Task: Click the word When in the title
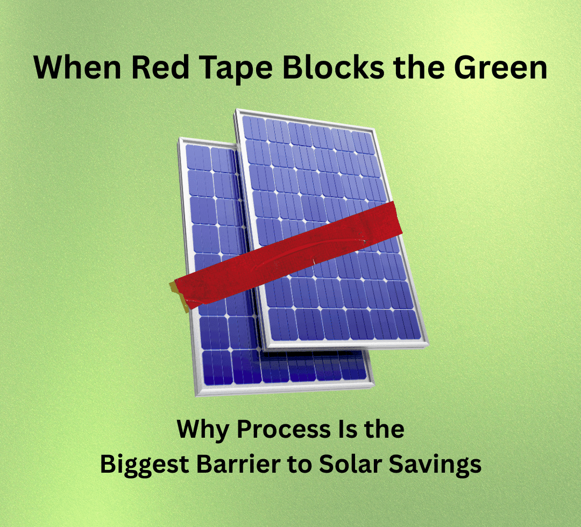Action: tap(77, 67)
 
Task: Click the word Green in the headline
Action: tap(501, 67)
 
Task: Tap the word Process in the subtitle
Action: tap(284, 429)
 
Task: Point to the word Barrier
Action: tap(238, 464)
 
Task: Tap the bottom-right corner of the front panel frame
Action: tap(428, 345)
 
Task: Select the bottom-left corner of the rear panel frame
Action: tap(196, 395)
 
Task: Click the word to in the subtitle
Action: tap(300, 465)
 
